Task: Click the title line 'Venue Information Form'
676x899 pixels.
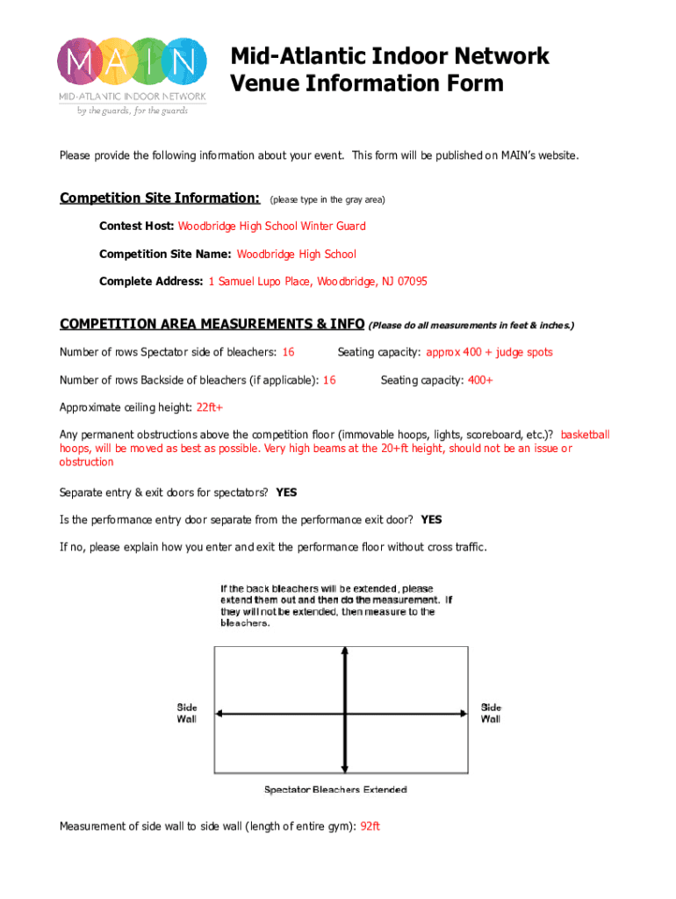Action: [367, 83]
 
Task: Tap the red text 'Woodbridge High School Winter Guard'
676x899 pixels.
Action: [272, 226]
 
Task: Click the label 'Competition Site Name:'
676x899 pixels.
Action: [165, 254]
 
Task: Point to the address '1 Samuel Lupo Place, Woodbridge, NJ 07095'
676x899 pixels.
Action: [317, 282]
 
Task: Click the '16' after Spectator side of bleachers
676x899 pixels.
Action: [287, 352]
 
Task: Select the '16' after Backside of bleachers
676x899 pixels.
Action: [329, 380]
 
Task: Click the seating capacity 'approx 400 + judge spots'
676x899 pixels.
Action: [489, 352]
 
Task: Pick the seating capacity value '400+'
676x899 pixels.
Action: [480, 380]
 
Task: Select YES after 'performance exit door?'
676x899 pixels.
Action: [431, 520]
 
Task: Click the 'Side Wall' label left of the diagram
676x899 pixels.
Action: [188, 713]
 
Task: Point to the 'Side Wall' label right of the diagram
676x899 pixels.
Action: [491, 713]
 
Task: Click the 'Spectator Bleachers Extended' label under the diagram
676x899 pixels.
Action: [335, 789]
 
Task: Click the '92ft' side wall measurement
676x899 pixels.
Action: [370, 826]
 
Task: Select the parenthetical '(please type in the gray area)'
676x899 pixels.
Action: [327, 199]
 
